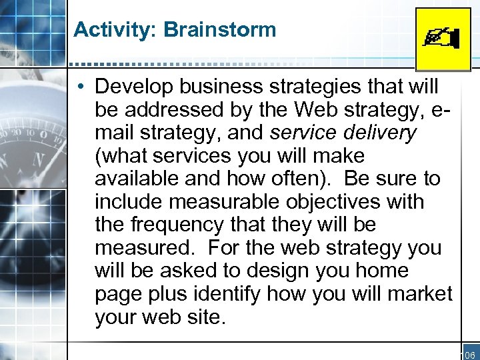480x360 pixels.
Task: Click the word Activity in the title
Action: (103, 30)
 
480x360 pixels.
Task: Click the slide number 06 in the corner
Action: (469, 354)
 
